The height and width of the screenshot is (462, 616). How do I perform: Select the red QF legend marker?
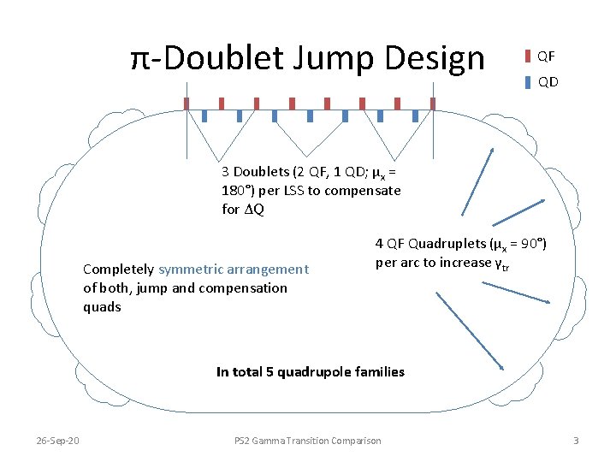[528, 56]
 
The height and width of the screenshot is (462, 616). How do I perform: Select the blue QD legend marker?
[528, 82]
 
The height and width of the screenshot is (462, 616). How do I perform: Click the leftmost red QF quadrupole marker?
[187, 104]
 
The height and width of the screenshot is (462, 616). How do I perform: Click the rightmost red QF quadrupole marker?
[433, 104]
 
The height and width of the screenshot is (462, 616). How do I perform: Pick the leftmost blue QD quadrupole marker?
[204, 115]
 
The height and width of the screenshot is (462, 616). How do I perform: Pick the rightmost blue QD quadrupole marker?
[416, 115]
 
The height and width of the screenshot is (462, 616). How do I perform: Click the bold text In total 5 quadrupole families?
[311, 371]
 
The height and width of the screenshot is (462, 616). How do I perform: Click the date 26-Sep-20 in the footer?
[57, 440]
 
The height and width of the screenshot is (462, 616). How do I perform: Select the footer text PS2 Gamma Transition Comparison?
[308, 440]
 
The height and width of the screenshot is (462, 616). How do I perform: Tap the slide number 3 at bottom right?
[576, 440]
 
